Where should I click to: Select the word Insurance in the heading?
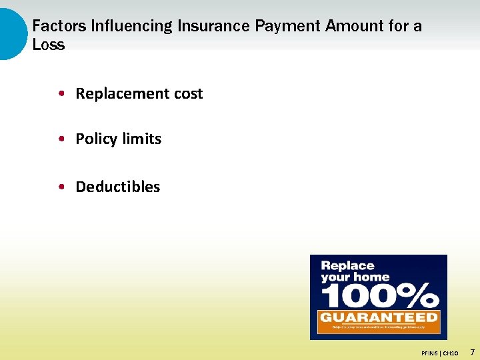point(214,26)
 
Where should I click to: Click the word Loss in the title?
point(49,45)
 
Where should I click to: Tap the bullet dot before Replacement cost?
point(61,94)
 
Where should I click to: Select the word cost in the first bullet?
point(188,94)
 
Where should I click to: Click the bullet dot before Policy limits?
point(61,139)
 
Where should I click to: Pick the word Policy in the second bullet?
point(95,139)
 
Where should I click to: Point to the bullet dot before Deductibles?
point(61,187)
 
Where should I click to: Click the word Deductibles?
point(118,187)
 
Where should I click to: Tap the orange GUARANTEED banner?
point(378,317)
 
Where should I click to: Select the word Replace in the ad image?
point(348,266)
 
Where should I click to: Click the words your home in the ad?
point(355,277)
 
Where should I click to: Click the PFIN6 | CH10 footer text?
point(440,352)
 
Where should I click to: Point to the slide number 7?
point(472,351)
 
